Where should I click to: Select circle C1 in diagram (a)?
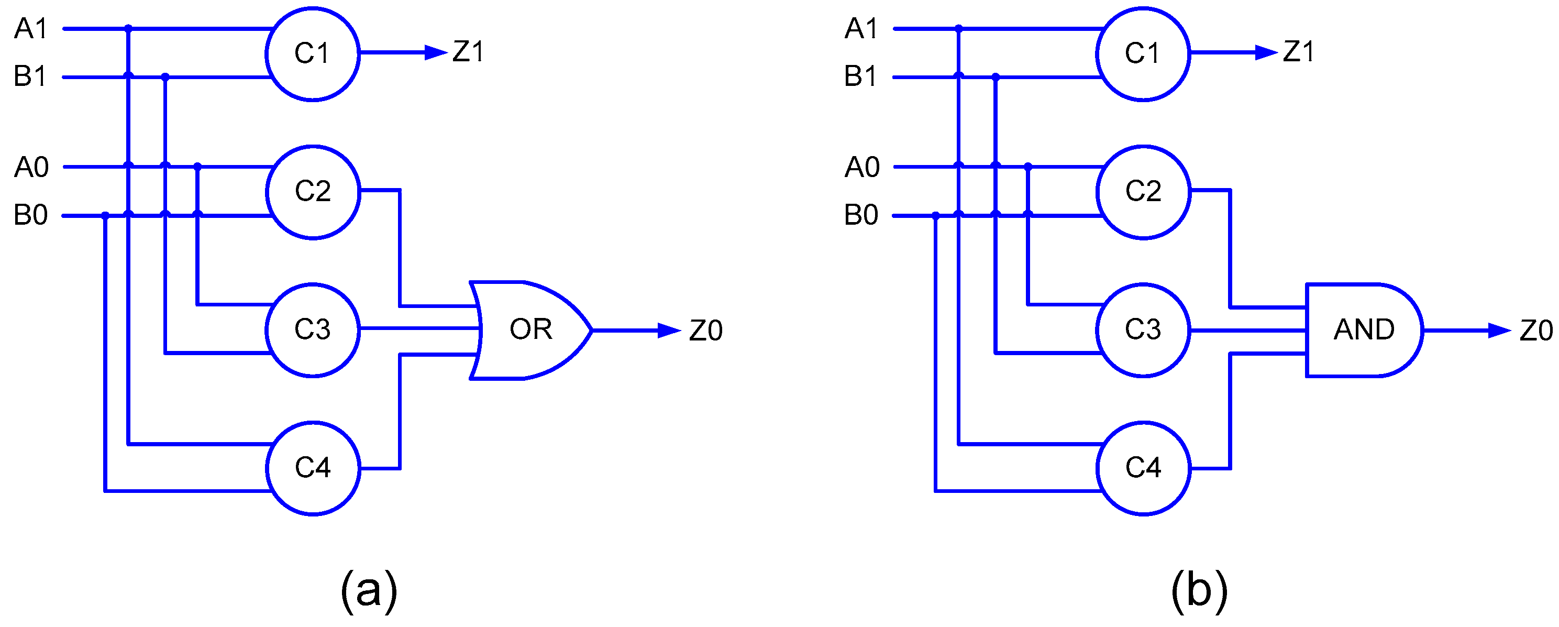[x=312, y=54]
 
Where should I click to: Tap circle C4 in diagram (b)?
[x=1143, y=468]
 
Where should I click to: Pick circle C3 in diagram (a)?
[x=312, y=330]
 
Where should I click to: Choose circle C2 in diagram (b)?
[x=1143, y=192]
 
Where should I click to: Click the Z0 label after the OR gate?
[x=706, y=331]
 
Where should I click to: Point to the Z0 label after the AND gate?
[x=1536, y=331]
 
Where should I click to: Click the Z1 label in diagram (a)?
[x=468, y=52]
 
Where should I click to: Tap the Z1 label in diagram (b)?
[x=1298, y=52]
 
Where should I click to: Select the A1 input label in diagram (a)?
[x=30, y=28]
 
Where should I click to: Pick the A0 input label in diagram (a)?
[x=31, y=167]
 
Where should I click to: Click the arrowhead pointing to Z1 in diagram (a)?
[x=436, y=53]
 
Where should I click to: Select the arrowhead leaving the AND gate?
[x=1499, y=331]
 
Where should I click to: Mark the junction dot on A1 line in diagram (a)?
[x=128, y=28]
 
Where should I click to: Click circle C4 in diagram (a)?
[x=312, y=468]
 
